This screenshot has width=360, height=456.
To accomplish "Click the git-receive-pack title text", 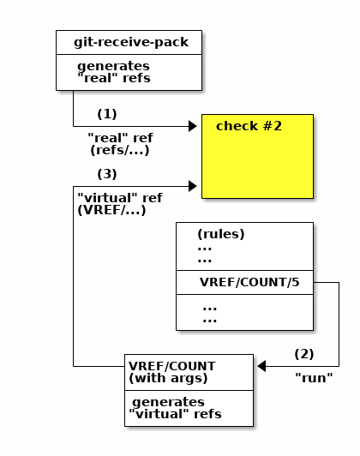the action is coord(131,42).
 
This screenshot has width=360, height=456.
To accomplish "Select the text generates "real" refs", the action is coord(114,72).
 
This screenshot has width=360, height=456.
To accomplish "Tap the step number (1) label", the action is coord(107,114).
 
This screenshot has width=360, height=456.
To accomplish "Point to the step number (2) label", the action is coord(304,354).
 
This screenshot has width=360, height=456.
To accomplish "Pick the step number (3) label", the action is coord(107,174).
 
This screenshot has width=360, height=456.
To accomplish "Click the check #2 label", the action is coord(249,126).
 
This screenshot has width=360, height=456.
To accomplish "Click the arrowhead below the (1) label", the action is coord(193,126).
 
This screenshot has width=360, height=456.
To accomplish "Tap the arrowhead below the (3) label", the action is coord(193,186).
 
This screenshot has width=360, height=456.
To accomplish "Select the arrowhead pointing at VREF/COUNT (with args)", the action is coord(261,366).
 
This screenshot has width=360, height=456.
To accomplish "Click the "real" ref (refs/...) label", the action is coord(120,144).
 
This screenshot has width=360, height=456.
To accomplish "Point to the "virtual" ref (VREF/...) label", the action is coord(120,204).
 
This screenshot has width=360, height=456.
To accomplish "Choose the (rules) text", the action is coord(221,234).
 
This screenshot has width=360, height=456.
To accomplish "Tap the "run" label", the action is coord(314,378).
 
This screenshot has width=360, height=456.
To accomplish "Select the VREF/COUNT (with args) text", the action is coord(172,372).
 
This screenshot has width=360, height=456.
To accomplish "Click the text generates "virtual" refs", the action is coord(175,408).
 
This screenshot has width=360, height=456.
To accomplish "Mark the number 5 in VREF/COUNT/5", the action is coord(296,282).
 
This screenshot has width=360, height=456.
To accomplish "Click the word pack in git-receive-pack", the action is coord(171,43).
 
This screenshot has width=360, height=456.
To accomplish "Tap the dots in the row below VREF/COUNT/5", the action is coord(210,315).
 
